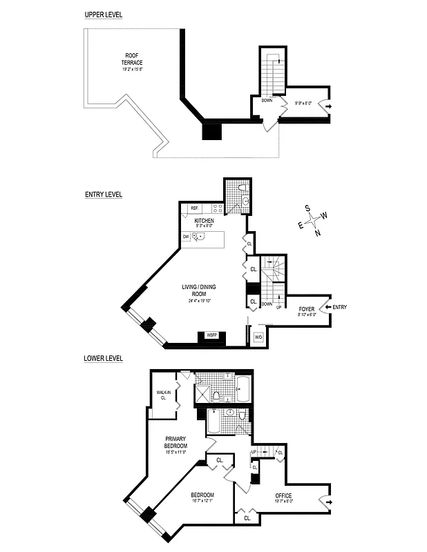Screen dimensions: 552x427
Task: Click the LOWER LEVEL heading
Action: tap(103, 359)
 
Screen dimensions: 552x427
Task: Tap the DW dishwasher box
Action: tap(186, 237)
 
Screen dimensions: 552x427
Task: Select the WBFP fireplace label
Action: tap(209, 336)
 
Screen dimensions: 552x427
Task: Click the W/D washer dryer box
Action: tap(259, 337)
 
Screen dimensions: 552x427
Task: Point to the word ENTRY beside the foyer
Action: tap(340, 307)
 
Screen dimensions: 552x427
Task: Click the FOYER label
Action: tap(307, 308)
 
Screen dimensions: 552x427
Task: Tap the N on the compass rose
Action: tap(317, 233)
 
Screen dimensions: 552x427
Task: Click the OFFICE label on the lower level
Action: tap(283, 495)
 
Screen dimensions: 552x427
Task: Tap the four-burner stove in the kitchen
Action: tap(217, 208)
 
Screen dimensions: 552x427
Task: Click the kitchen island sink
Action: tap(198, 237)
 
